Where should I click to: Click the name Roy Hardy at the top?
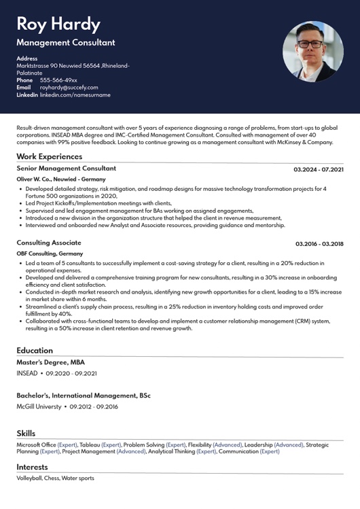(58, 24)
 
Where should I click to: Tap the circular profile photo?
(313, 52)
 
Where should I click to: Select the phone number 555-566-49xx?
(58, 80)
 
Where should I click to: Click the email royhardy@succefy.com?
(69, 87)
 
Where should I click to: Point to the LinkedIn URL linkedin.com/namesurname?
(75, 94)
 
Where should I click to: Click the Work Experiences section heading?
(49, 156)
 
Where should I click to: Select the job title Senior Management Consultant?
(66, 168)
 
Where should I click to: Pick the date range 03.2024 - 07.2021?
(319, 169)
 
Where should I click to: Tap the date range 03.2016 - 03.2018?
(319, 243)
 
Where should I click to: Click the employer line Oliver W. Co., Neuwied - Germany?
(60, 179)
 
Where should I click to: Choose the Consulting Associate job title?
(48, 243)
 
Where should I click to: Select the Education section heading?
(35, 351)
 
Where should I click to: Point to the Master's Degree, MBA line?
(50, 362)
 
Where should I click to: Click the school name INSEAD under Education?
(26, 373)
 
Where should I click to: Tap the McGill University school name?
(39, 406)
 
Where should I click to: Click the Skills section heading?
(26, 434)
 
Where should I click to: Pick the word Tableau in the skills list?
(90, 444)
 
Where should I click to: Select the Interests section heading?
(32, 467)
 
